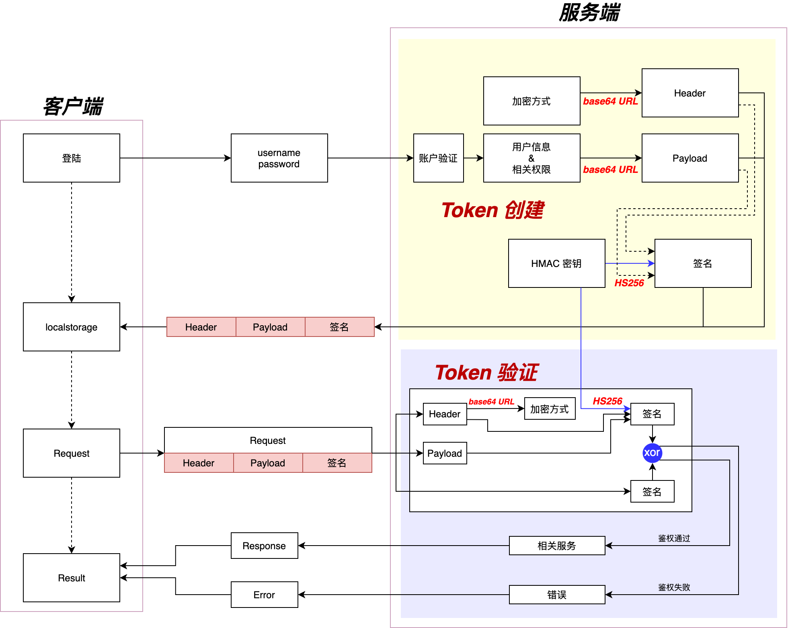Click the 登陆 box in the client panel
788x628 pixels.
[72, 158]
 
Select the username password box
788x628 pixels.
[279, 158]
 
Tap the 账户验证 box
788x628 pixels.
[438, 158]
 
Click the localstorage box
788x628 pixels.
[72, 327]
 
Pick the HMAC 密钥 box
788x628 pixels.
[556, 263]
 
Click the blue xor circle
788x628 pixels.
[652, 453]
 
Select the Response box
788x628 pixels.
[264, 546]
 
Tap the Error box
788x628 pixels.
[264, 595]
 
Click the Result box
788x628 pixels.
[72, 578]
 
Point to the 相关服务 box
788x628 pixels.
[557, 546]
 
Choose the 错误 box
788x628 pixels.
[557, 595]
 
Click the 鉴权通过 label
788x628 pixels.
[674, 538]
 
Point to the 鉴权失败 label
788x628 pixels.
[674, 587]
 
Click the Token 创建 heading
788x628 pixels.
[492, 210]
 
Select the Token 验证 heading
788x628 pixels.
[486, 372]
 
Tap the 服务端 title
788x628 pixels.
[589, 12]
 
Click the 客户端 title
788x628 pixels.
[73, 107]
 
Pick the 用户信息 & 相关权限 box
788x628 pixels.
[531, 158]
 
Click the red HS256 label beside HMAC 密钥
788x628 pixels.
[629, 283]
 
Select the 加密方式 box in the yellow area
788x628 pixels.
[531, 101]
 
